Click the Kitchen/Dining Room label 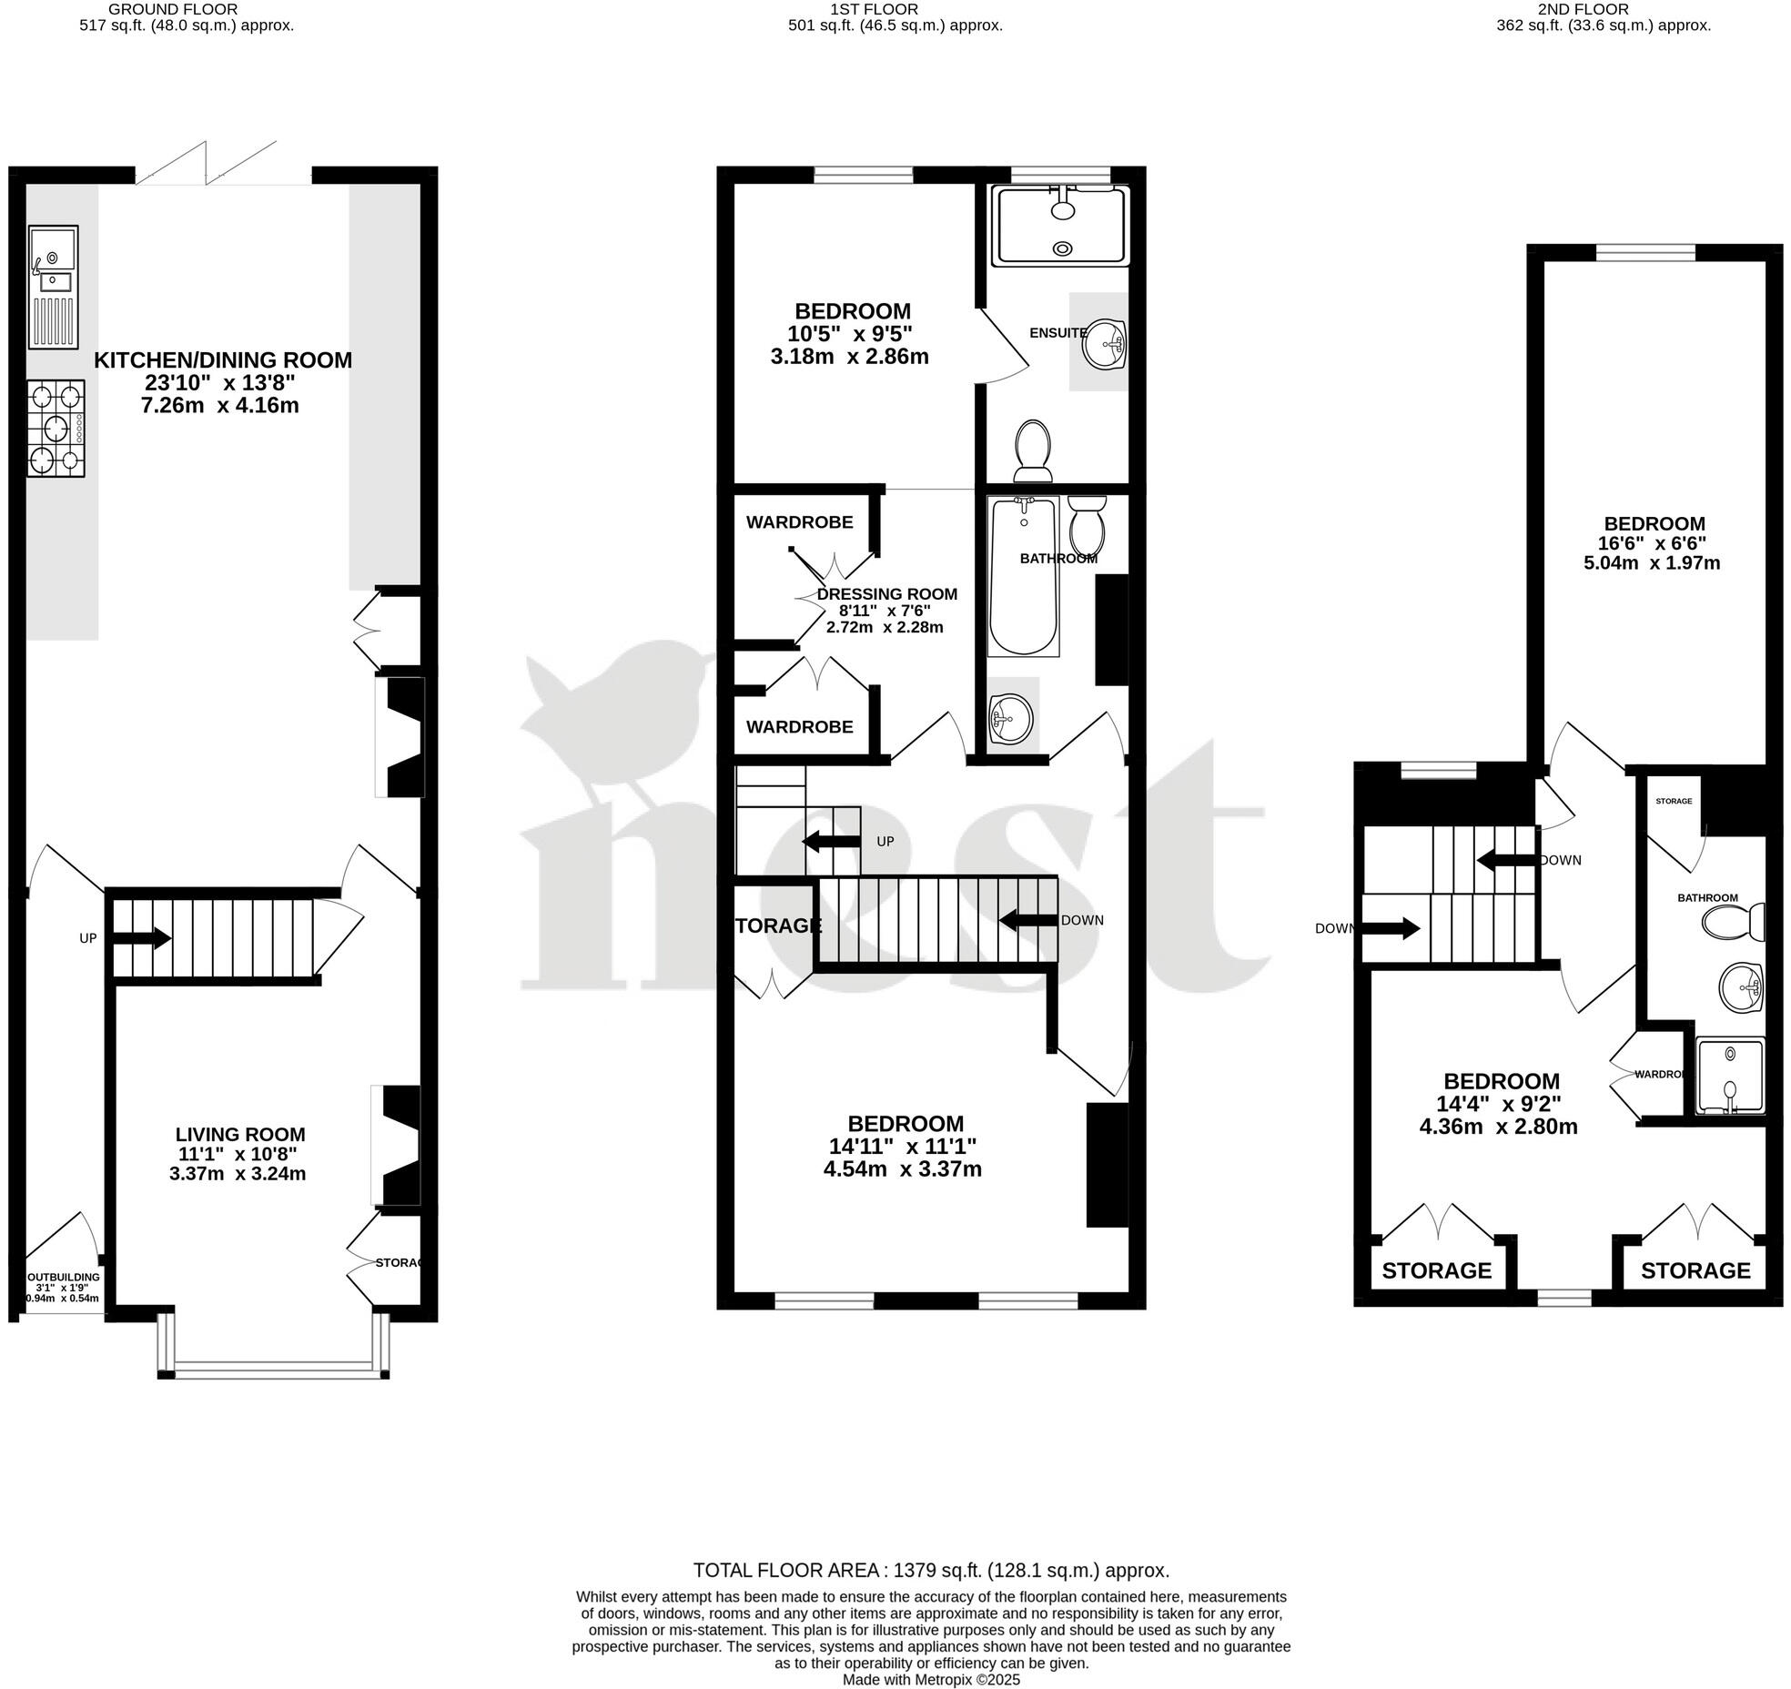click(x=223, y=360)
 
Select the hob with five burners click(x=56, y=429)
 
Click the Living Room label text click(x=240, y=1134)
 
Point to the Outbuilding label click(x=61, y=1277)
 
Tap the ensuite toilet click(x=1032, y=450)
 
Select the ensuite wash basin click(x=1105, y=344)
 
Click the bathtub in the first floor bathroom click(x=1024, y=575)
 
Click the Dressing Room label click(x=886, y=594)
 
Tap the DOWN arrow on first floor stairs click(x=1029, y=920)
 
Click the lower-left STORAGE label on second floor click(x=1436, y=1270)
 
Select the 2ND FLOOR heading click(x=1603, y=9)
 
